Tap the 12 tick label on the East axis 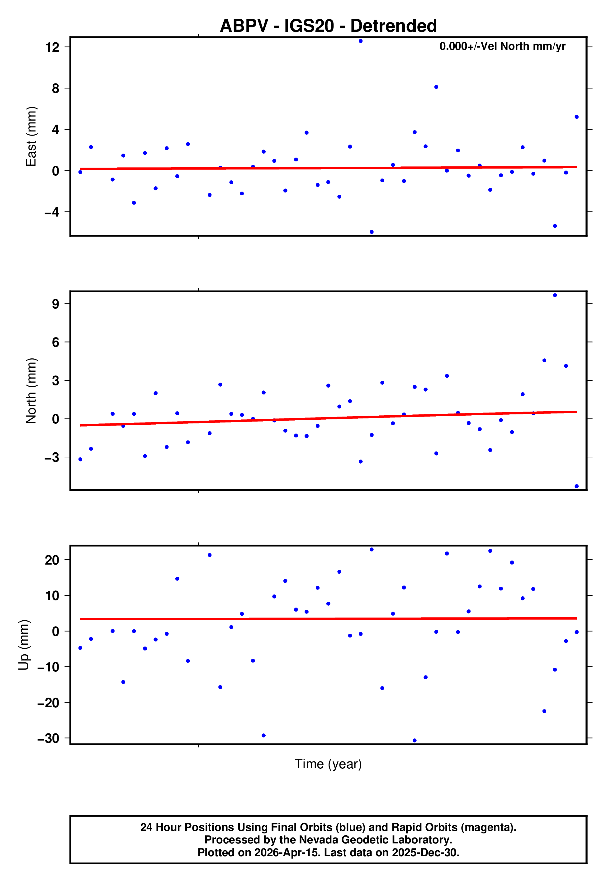tap(52, 47)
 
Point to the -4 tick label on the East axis tap(52, 212)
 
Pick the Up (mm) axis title tap(24, 645)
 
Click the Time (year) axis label tap(328, 764)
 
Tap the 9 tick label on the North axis tap(56, 304)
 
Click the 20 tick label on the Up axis tap(52, 560)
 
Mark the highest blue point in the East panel tap(361, 41)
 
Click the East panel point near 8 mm tap(436, 87)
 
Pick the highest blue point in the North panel tap(555, 295)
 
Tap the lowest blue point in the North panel tap(576, 486)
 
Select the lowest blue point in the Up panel tap(414, 741)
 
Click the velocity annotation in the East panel tap(502, 46)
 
